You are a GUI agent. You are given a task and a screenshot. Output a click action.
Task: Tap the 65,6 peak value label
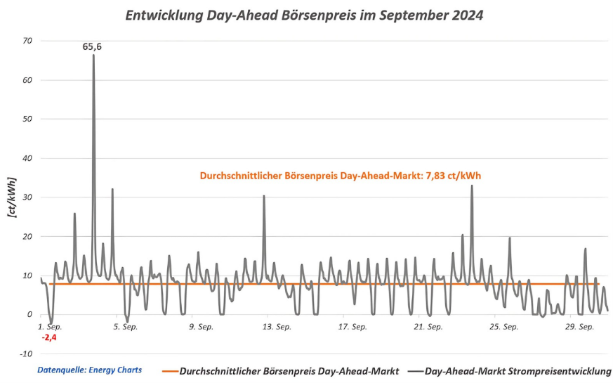[x=92, y=46]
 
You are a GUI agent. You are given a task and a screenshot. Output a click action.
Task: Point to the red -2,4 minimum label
[x=49, y=337]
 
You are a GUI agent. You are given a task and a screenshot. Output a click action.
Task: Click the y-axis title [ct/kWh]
[x=12, y=197]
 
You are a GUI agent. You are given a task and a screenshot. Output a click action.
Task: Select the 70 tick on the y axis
[x=27, y=41]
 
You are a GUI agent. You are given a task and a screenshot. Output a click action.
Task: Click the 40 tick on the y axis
[x=27, y=158]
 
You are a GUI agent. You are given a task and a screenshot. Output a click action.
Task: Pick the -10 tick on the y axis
[x=26, y=353]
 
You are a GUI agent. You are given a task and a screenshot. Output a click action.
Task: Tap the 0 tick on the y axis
[x=29, y=314]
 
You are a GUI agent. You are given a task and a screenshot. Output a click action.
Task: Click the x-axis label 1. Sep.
[x=51, y=327]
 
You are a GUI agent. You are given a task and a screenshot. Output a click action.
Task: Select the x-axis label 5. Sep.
[x=126, y=327]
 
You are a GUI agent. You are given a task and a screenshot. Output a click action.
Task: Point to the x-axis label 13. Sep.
[x=276, y=327]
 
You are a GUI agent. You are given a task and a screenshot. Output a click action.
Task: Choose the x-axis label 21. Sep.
[x=428, y=327]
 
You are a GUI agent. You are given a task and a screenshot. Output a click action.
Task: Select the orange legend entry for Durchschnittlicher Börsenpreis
[x=281, y=371]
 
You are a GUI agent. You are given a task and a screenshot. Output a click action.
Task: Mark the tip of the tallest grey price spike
[x=93, y=55]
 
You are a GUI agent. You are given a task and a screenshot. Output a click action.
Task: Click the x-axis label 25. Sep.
[x=504, y=327]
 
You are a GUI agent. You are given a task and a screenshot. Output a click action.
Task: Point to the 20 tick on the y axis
[x=27, y=236]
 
